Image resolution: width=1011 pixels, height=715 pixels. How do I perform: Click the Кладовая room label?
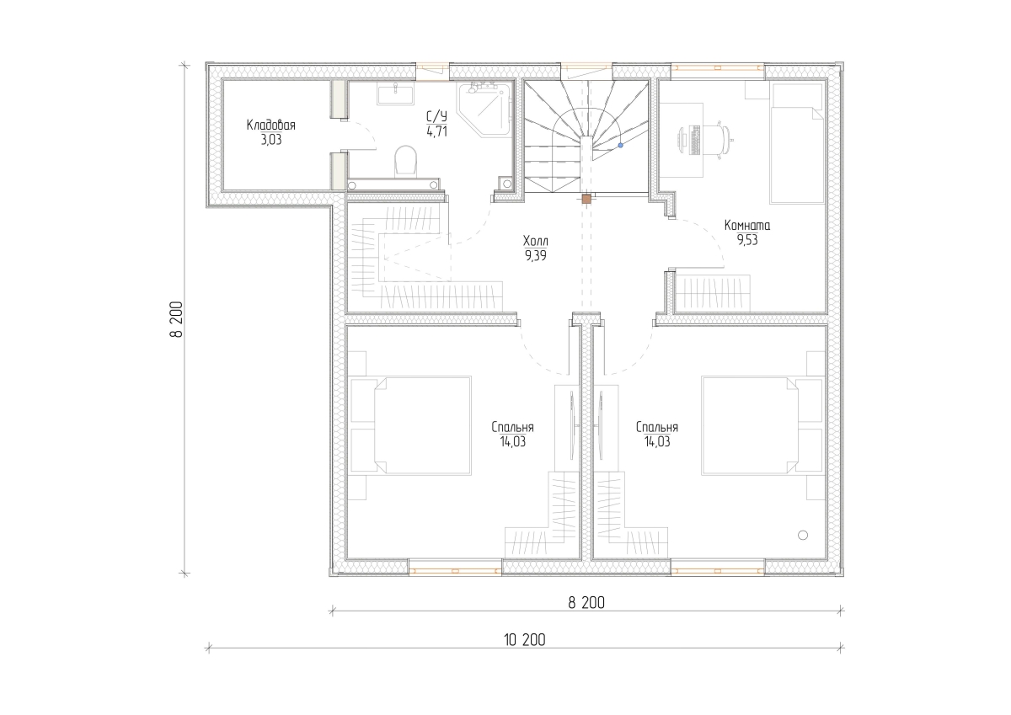click(270, 125)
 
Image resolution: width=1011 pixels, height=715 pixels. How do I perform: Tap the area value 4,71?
click(436, 131)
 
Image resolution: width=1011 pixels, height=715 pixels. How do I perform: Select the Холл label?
click(535, 240)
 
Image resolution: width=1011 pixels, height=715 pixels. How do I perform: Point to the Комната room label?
click(747, 225)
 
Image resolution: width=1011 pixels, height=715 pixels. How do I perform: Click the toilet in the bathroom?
click(405, 161)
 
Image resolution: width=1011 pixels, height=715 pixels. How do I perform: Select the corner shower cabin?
click(486, 108)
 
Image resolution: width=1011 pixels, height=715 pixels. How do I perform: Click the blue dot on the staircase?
click(621, 145)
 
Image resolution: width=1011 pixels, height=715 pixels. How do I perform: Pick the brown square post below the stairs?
click(586, 199)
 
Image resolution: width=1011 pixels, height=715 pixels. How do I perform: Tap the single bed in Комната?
click(798, 143)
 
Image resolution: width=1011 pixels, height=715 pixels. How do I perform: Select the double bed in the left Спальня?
click(422, 425)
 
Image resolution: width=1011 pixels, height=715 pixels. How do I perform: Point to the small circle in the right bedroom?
click(802, 535)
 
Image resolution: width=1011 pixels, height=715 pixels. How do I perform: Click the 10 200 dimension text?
click(524, 640)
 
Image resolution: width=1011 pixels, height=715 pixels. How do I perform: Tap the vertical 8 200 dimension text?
click(176, 319)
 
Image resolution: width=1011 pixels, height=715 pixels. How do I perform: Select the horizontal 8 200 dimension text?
click(586, 603)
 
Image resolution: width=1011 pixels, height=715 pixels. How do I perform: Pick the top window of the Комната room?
click(717, 67)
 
